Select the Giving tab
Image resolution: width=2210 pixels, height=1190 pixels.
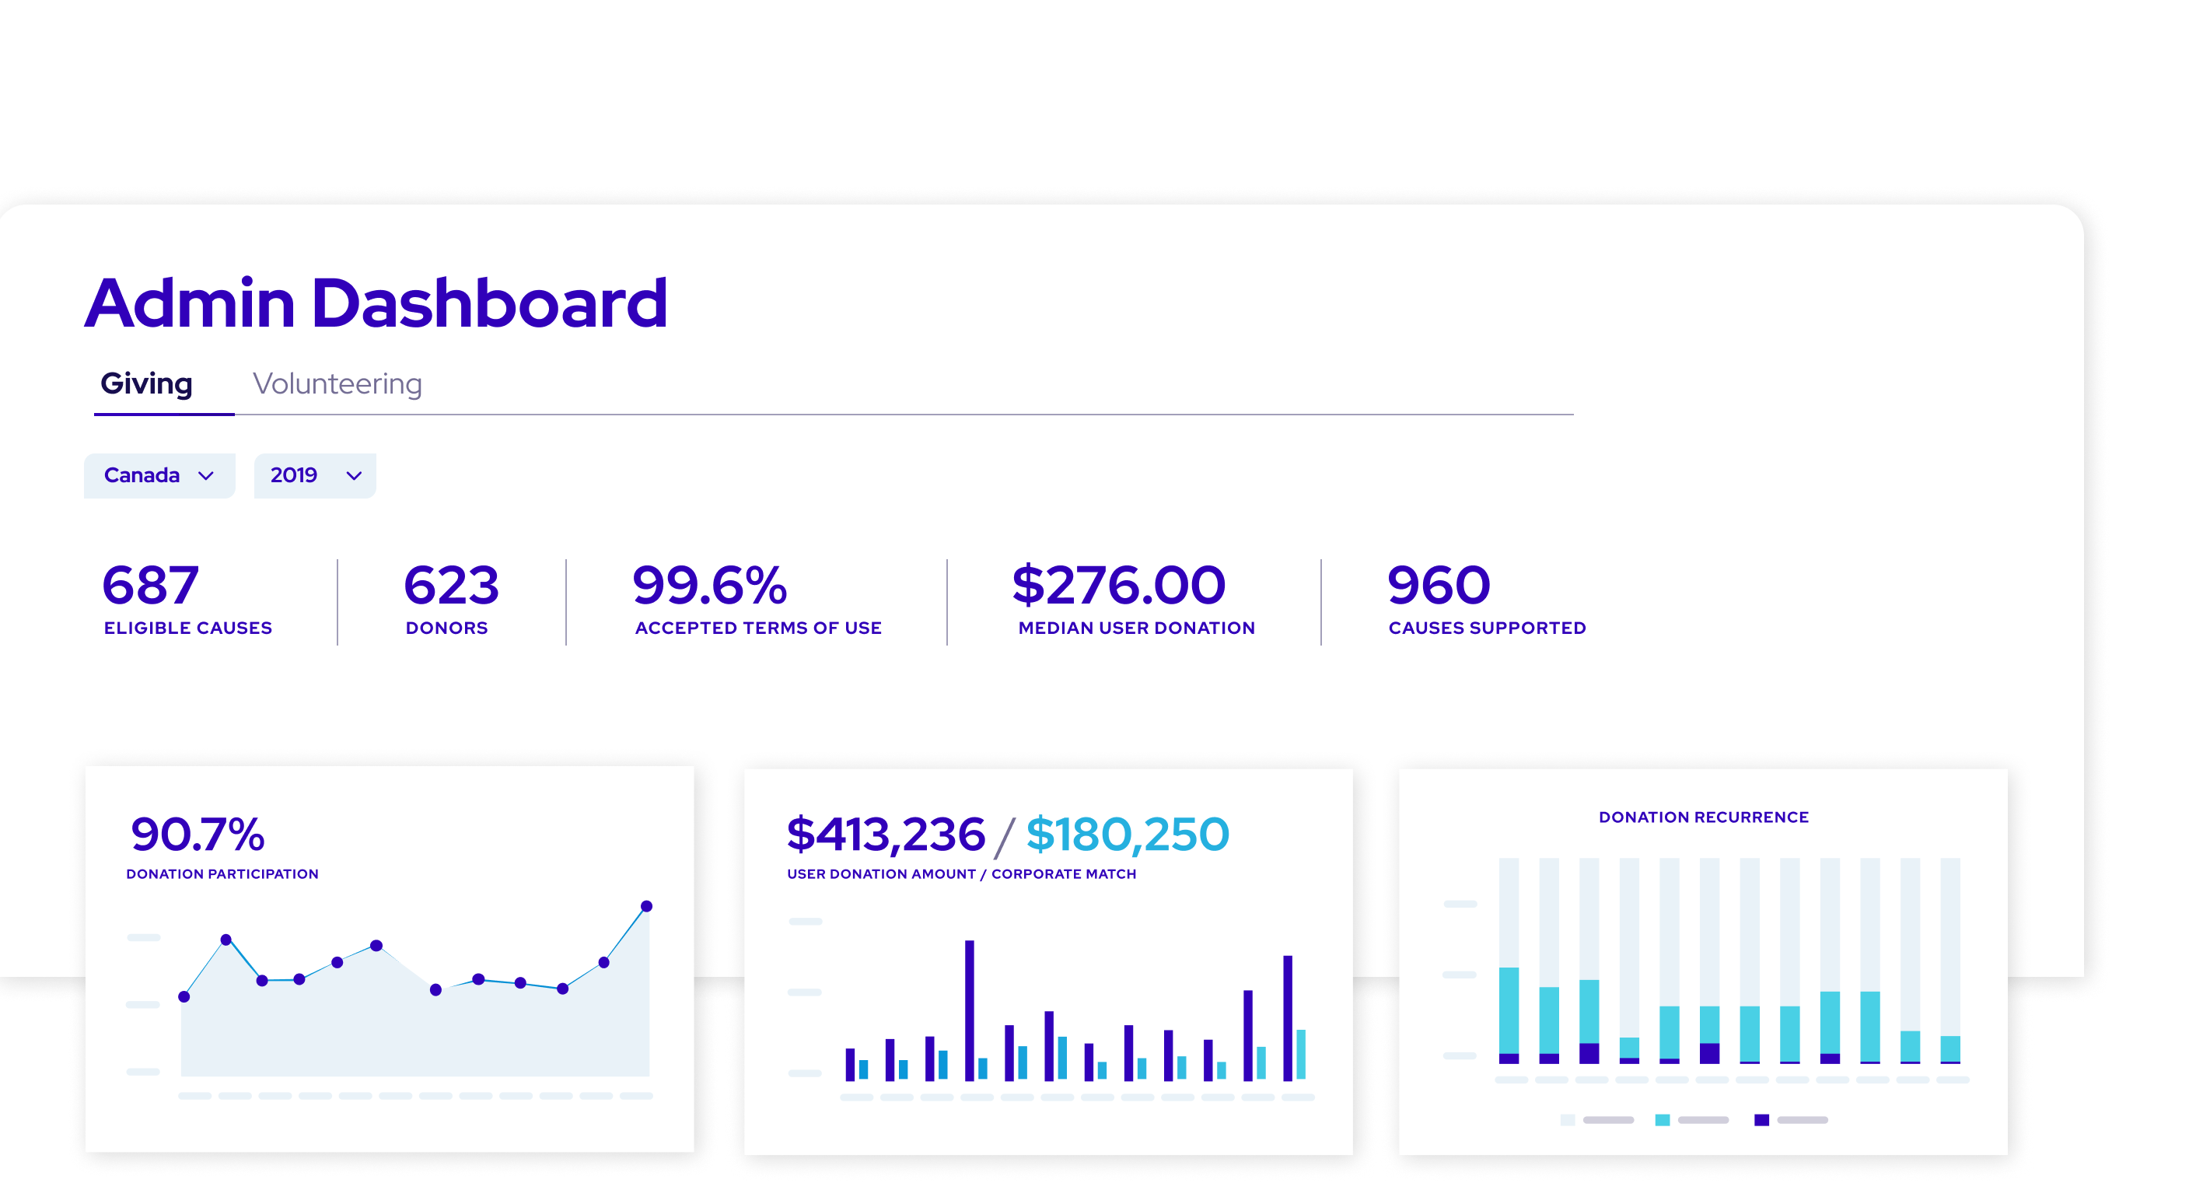tap(147, 383)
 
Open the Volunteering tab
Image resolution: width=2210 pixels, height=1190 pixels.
tap(337, 383)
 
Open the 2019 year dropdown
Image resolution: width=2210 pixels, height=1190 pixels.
tap(315, 475)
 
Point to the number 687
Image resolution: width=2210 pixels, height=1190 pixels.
tap(151, 586)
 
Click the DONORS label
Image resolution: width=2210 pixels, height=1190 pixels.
tap(447, 628)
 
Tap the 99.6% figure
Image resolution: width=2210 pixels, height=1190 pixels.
tap(709, 586)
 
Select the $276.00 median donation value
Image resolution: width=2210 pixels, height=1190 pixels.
tap(1119, 586)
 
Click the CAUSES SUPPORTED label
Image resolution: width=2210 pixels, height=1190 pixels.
tap(1487, 628)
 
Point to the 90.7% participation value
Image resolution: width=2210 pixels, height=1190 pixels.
tap(198, 834)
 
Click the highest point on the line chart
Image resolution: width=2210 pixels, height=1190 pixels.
tap(647, 906)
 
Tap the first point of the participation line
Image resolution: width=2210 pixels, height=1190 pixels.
tap(184, 997)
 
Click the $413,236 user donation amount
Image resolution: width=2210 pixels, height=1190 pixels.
tap(886, 834)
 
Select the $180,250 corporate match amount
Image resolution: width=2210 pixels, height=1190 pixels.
tap(1128, 834)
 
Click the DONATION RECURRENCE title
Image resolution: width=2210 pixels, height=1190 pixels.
tap(1703, 817)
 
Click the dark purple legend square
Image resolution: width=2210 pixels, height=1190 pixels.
tap(1761, 1120)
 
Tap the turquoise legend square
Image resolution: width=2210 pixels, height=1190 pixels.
tap(1662, 1120)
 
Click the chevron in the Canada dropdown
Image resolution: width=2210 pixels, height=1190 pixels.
tap(206, 476)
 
